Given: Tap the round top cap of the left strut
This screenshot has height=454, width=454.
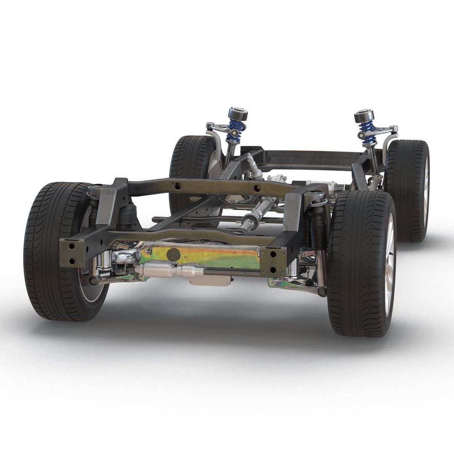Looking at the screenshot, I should [x=238, y=114].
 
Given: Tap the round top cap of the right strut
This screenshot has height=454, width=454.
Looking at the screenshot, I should [x=364, y=116].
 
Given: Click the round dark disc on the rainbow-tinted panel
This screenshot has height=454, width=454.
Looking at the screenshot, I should [x=173, y=255].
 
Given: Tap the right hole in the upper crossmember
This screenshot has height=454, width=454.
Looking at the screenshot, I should [x=256, y=188].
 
